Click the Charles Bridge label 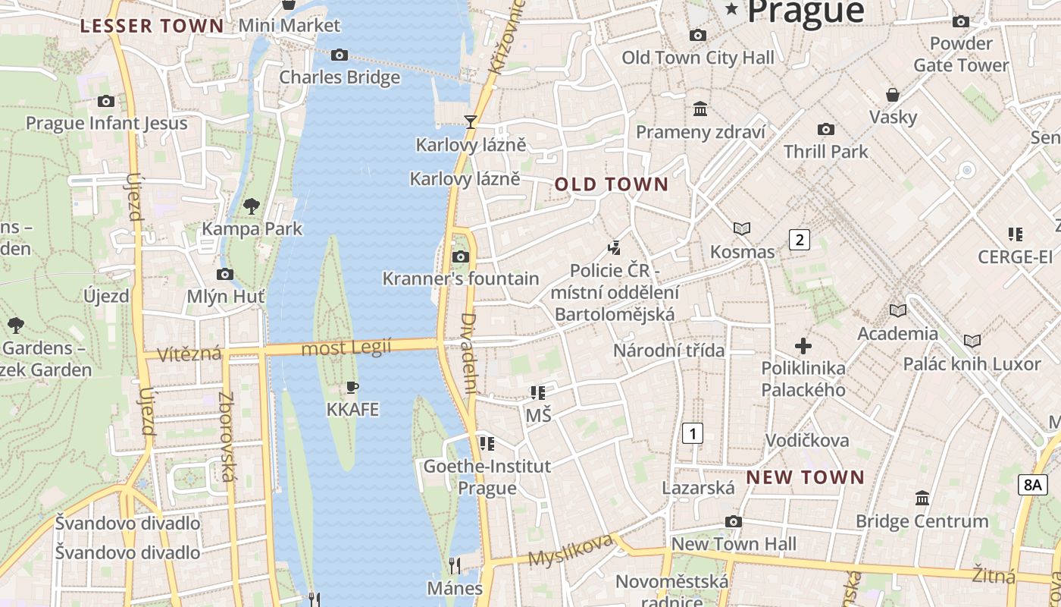(340, 77)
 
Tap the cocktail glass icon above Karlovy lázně (471, 121)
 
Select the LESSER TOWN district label (152, 26)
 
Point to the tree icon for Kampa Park (252, 205)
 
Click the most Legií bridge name (346, 348)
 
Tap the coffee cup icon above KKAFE (352, 387)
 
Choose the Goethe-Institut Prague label (487, 476)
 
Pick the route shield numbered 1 (692, 433)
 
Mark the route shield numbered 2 (799, 240)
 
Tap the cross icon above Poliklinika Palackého (803, 347)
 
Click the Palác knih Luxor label (972, 363)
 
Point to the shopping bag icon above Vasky (893, 95)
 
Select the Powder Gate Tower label (961, 54)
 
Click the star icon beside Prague (731, 9)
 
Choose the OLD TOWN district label (612, 184)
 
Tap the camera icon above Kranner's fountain (460, 256)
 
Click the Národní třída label (668, 351)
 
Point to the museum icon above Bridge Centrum (922, 498)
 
